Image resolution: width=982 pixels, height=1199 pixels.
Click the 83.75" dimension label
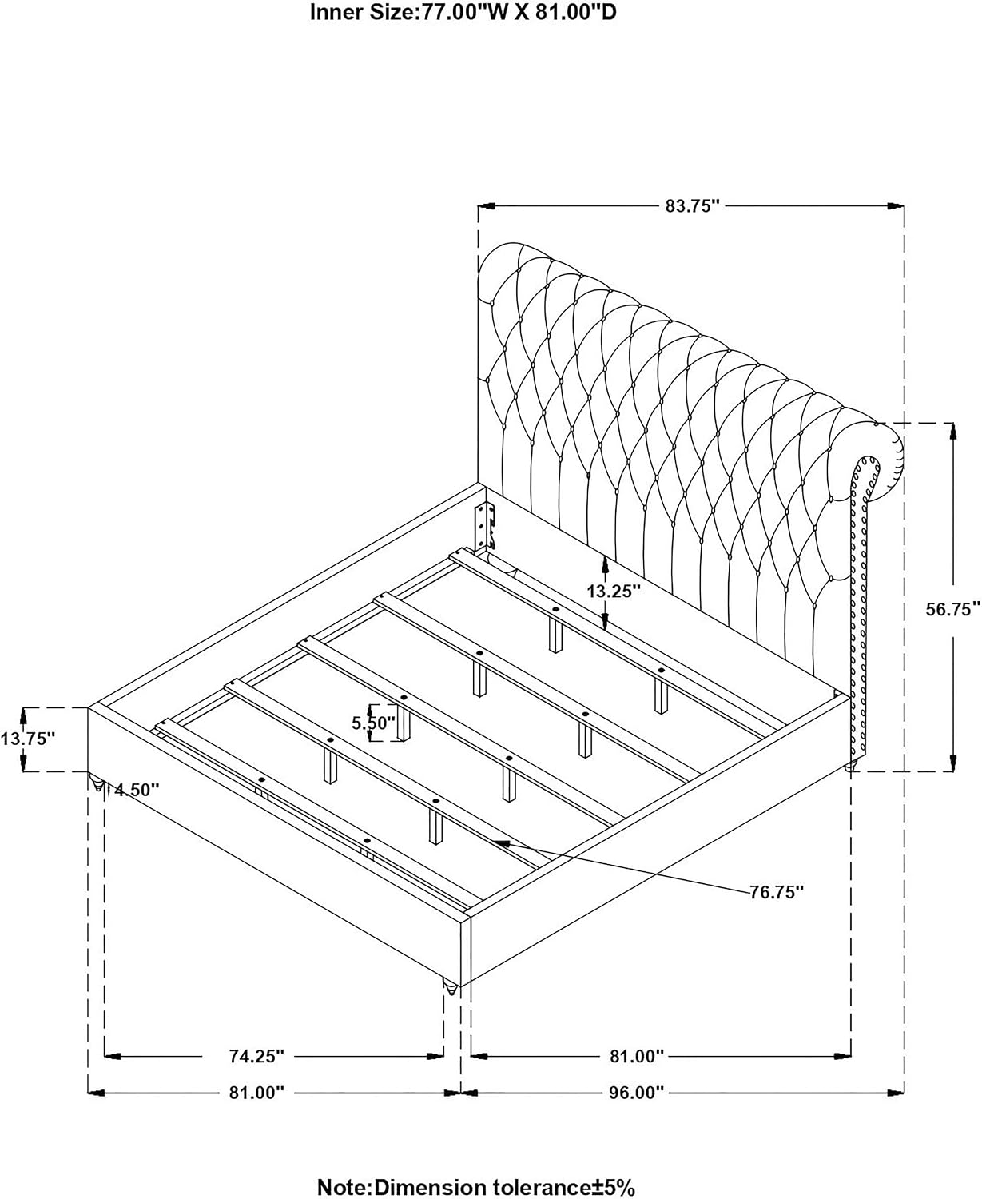pyautogui.click(x=692, y=205)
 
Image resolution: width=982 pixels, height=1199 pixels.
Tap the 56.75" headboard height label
pyautogui.click(x=953, y=609)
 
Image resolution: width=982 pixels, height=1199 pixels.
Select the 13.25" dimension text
pyautogui.click(x=614, y=592)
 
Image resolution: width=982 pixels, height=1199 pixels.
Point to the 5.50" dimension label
pyautogui.click(x=373, y=723)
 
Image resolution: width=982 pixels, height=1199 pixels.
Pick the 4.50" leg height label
pyautogui.click(x=137, y=790)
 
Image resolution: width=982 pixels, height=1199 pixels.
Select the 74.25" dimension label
pyautogui.click(x=256, y=1056)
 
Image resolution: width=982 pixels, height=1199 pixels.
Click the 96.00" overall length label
pyautogui.click(x=637, y=1093)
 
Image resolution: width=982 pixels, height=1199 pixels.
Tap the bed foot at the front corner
pyautogui.click(x=451, y=987)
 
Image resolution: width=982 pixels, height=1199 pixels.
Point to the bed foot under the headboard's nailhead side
pyautogui.click(x=850, y=767)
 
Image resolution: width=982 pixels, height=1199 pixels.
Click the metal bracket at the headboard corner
pyautogui.click(x=486, y=526)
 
